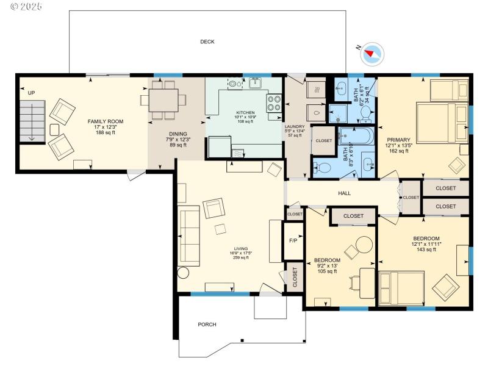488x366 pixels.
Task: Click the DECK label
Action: point(207,42)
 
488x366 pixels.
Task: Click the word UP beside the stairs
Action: point(31,93)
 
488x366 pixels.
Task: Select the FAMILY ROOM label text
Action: point(101,121)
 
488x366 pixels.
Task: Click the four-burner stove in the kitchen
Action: point(274,102)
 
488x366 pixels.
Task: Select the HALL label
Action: point(344,193)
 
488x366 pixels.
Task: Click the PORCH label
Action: point(207,325)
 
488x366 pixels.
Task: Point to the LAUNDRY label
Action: point(295,126)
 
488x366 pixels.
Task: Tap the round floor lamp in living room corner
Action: point(183,273)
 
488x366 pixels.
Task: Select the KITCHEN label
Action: point(246,113)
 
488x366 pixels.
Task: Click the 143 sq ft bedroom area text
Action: point(426,249)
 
